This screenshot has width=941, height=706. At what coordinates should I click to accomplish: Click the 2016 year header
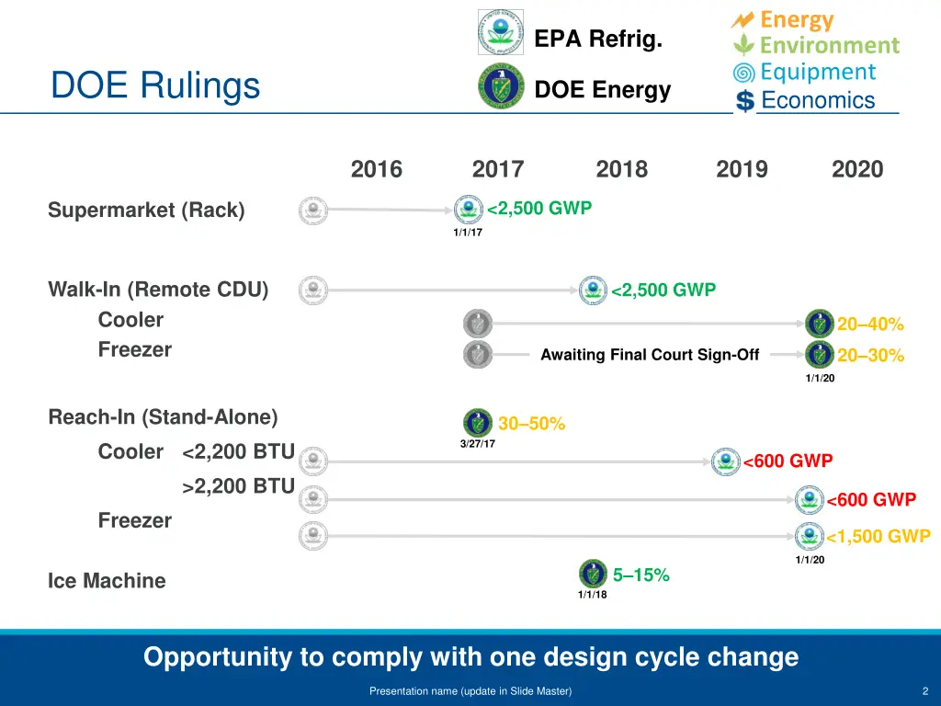(377, 169)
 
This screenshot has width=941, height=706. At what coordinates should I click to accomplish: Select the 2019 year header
(742, 169)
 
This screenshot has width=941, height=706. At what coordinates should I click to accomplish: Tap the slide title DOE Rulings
(155, 85)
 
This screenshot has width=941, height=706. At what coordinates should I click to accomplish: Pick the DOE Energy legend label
(602, 90)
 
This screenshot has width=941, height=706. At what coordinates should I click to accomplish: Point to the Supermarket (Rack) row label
(146, 211)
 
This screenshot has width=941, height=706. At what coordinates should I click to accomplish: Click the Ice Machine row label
(107, 581)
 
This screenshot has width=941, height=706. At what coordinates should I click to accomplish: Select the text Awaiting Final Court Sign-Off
(650, 355)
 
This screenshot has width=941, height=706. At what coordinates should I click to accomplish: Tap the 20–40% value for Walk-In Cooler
(870, 325)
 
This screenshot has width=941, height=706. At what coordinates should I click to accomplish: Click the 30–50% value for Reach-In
(531, 424)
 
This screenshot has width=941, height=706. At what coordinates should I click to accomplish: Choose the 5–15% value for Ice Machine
(641, 575)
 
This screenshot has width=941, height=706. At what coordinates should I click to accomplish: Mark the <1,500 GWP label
(878, 537)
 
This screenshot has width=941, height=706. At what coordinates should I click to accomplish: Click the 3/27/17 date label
(477, 444)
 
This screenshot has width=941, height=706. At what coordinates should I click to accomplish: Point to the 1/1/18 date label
(592, 595)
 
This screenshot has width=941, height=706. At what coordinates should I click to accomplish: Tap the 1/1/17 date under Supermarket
(467, 233)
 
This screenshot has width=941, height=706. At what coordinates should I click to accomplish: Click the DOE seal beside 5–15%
(593, 574)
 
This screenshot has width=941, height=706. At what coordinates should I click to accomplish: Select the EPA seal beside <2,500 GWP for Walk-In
(593, 290)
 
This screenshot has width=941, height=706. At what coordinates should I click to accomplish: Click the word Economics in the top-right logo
(818, 100)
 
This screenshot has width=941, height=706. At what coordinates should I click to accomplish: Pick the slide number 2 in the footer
(924, 691)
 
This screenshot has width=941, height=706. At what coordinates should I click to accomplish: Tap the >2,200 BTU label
(238, 486)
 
